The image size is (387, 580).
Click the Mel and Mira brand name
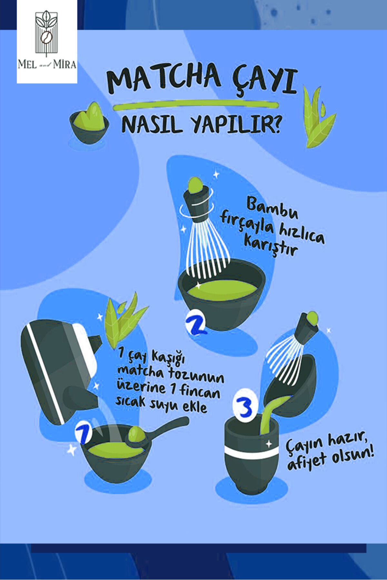[47, 64]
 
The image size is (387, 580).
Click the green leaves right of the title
[319, 117]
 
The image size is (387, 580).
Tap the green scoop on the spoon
[136, 434]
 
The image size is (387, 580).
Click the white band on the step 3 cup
[252, 452]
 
